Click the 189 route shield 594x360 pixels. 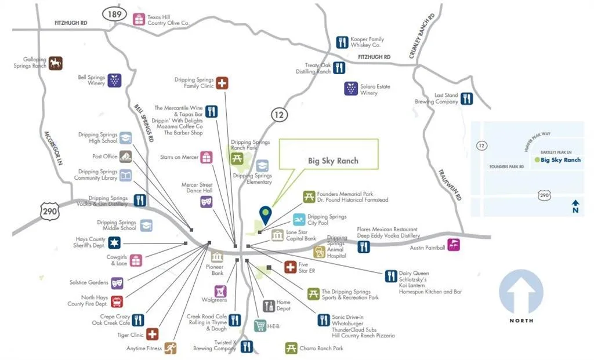[114, 14]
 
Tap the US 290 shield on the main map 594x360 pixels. [50, 211]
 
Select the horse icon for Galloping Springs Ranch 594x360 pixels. [56, 63]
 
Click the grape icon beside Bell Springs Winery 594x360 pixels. [114, 80]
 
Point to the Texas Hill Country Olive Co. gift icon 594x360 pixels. [139, 19]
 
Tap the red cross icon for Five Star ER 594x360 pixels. [291, 267]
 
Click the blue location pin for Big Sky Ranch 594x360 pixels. [266, 215]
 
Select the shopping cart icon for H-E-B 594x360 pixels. [260, 326]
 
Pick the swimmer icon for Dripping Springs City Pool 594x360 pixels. [299, 220]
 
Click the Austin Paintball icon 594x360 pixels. [454, 245]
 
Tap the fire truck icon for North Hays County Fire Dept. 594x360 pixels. [117, 301]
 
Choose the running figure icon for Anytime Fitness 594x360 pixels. [171, 348]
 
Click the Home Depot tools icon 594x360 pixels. [269, 306]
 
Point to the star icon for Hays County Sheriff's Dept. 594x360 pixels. [114, 243]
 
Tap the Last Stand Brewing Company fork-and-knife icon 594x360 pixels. [467, 99]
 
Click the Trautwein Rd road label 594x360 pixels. [450, 185]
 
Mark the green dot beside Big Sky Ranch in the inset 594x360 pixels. [537, 160]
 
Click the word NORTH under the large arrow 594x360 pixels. [521, 321]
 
